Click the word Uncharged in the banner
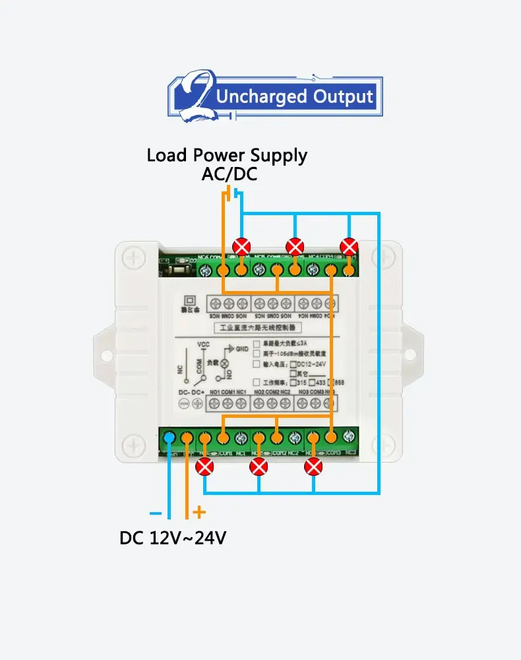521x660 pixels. (x=261, y=97)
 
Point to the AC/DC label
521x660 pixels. (x=229, y=175)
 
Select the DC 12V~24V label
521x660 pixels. (x=173, y=538)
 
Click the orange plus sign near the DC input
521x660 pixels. (x=199, y=512)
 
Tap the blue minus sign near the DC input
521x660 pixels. (x=156, y=513)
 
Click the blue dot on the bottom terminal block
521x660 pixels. (x=169, y=437)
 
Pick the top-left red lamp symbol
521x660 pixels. (x=243, y=247)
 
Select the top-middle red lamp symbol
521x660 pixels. (x=295, y=247)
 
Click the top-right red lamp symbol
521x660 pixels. (x=348, y=247)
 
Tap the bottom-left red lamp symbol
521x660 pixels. (x=206, y=467)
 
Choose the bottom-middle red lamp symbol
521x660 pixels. (x=259, y=467)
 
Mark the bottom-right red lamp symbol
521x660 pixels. (x=313, y=467)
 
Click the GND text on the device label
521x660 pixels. (x=242, y=348)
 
